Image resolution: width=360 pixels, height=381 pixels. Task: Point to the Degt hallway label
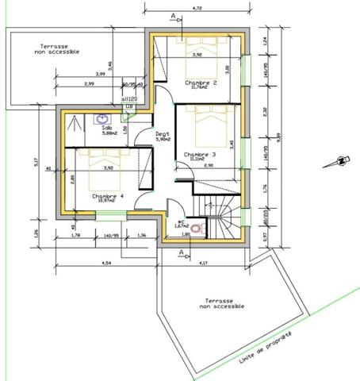(163, 135)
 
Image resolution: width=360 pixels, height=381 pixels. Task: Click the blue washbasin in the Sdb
(102, 120)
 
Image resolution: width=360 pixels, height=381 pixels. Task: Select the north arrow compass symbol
(339, 161)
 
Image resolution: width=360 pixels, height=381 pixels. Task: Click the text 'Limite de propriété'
(265, 348)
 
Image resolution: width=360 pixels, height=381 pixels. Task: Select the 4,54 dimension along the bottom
(106, 262)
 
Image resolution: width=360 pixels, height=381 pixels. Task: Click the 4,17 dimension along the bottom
(204, 262)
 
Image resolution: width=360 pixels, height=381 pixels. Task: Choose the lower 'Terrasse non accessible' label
(220, 305)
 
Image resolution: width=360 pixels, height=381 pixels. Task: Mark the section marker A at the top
(173, 14)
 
